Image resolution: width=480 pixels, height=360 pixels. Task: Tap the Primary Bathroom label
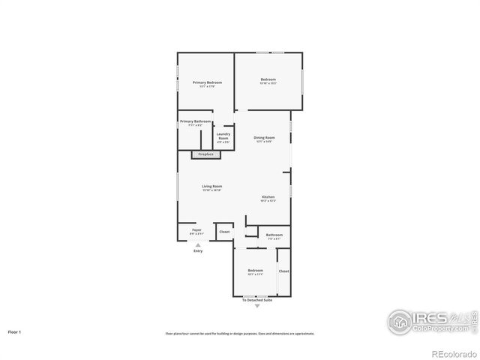[195, 121]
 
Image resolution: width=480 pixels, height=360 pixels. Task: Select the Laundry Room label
[223, 136]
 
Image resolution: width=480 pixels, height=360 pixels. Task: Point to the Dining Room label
[264, 137]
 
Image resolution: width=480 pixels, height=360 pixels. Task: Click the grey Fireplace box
[205, 154]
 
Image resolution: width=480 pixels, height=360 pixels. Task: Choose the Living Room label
[211, 186]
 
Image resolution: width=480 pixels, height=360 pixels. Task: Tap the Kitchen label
[268, 196]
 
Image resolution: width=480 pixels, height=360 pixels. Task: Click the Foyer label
[196, 229]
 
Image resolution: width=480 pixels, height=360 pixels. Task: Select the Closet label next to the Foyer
[224, 232]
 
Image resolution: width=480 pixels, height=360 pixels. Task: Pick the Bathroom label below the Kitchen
[274, 235]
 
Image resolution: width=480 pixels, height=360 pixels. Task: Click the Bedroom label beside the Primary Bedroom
[268, 79]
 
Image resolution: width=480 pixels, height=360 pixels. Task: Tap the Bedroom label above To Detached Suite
[256, 270]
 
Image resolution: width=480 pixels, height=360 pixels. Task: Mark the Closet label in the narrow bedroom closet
[283, 271]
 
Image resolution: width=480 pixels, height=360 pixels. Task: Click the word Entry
[198, 250]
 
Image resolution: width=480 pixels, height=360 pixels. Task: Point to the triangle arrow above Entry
[198, 244]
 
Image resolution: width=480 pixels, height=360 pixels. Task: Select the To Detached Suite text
[257, 300]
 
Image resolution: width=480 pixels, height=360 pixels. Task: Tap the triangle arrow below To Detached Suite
[257, 306]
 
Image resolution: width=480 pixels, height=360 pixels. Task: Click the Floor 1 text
[15, 331]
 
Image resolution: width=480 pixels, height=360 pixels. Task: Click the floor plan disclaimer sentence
[240, 333]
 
